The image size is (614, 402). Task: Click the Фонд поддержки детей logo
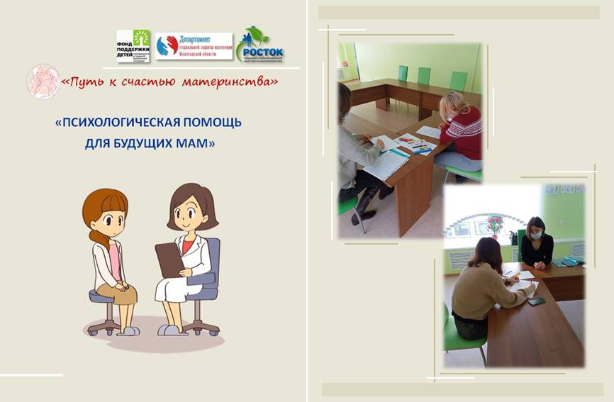pos(133,46)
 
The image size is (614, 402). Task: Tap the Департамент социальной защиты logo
pos(194,46)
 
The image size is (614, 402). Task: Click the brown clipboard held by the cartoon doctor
pos(169,259)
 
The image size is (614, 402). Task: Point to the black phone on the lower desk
pos(537,301)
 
